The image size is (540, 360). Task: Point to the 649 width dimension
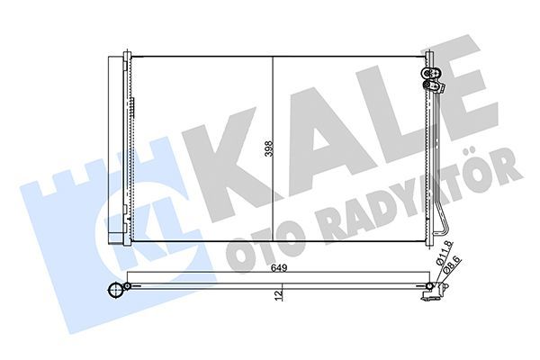[282, 266]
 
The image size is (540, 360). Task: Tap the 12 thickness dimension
[281, 292]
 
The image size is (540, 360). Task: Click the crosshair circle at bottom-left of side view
[114, 290]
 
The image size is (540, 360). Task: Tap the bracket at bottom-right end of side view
[437, 290]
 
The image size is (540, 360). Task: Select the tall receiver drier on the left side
[114, 148]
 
